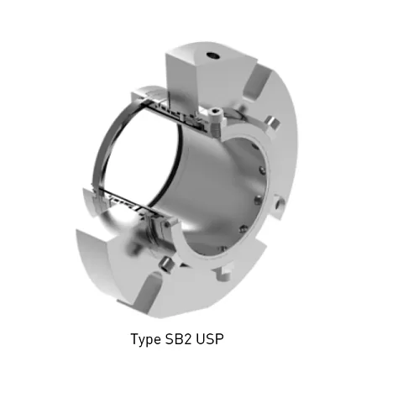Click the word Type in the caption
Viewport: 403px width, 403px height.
(146, 340)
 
